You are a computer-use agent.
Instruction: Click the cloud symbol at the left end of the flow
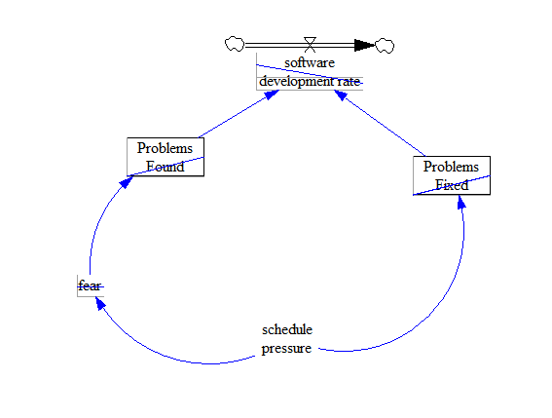coord(234,44)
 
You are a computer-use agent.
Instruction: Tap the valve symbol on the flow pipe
coord(310,43)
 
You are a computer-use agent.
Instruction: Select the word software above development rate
coord(310,62)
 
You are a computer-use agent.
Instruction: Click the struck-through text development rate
coord(310,81)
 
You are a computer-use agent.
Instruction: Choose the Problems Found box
coord(166,157)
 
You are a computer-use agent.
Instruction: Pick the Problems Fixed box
coord(451,175)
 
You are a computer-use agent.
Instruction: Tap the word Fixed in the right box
coord(451,185)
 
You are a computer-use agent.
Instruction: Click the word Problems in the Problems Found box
coord(166,148)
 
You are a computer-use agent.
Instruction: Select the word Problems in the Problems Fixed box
coord(451,167)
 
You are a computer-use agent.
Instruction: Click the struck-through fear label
coord(90,285)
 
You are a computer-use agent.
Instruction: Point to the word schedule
coord(287,328)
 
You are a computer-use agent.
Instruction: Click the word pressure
coord(287,348)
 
